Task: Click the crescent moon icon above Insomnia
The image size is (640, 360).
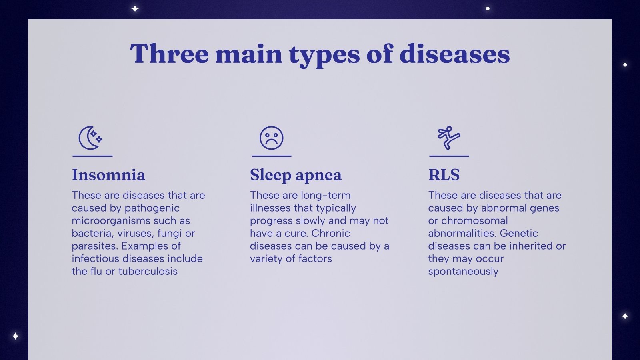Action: click(x=90, y=138)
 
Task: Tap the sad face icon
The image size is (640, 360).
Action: click(x=271, y=138)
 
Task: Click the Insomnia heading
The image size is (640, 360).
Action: click(x=108, y=175)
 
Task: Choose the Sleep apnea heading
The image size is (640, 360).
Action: click(x=296, y=175)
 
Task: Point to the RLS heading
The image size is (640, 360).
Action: click(x=444, y=175)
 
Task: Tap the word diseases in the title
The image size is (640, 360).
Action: click(x=454, y=54)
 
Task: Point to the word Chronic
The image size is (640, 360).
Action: click(x=330, y=233)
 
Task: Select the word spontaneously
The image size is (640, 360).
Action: click(x=463, y=272)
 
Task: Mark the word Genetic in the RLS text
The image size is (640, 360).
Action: click(x=519, y=233)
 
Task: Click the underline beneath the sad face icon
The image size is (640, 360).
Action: click(x=271, y=156)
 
